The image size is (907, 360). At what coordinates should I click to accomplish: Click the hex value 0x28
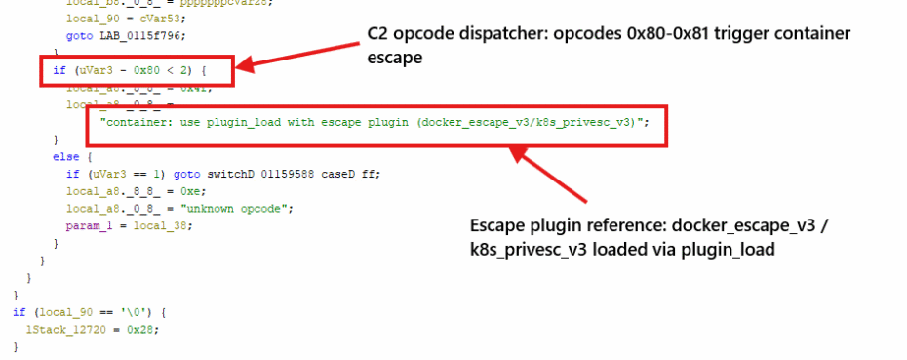[x=138, y=330]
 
